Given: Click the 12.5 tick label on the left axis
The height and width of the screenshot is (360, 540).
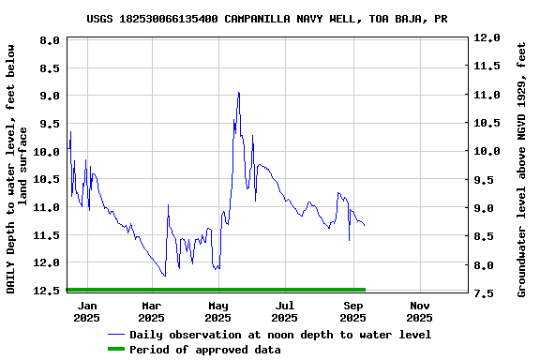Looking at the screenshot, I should (48, 291).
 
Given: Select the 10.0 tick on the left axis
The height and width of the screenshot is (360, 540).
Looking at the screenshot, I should (48, 151).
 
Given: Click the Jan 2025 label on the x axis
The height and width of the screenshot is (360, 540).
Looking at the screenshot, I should (86, 311).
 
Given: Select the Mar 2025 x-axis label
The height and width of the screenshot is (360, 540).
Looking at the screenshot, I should (152, 311).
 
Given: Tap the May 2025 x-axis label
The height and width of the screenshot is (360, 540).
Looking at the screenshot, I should (218, 311).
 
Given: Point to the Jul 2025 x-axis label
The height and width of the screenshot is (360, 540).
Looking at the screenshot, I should (286, 311).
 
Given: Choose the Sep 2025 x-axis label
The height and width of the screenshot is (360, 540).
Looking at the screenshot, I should (353, 311).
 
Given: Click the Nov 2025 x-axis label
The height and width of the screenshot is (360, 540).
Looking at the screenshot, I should (420, 311).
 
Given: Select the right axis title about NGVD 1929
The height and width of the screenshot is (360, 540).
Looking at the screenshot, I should (522, 167).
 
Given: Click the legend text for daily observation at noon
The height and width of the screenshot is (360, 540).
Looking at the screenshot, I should (280, 335).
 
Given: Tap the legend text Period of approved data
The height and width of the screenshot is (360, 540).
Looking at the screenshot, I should (205, 350).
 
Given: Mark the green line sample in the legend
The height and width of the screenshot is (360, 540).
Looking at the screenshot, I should (116, 350).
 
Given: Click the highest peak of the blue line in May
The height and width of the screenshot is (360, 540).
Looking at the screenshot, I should (239, 92).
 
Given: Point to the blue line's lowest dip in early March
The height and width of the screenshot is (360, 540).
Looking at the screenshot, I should (165, 276).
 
